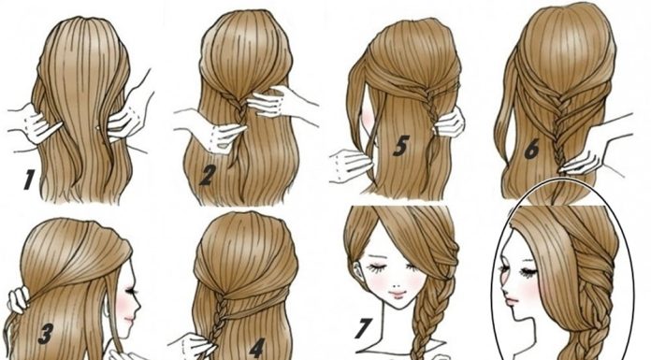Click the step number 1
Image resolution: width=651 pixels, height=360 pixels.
[28, 180]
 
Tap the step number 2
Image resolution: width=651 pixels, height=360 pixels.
[207, 175]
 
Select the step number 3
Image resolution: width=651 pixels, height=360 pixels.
[46, 334]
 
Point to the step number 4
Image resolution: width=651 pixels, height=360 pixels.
[257, 348]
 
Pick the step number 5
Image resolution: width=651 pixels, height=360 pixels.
[400, 145]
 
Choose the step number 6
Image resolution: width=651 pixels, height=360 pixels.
[532, 150]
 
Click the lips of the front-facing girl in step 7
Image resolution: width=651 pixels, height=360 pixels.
[398, 295]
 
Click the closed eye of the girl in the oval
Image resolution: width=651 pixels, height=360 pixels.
[527, 272]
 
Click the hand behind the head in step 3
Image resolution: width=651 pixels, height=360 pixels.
[18, 299]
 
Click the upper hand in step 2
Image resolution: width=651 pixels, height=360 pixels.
[270, 103]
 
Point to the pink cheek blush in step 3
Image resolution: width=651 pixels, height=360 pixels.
[124, 308]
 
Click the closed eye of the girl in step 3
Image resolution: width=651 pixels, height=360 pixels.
[132, 291]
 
